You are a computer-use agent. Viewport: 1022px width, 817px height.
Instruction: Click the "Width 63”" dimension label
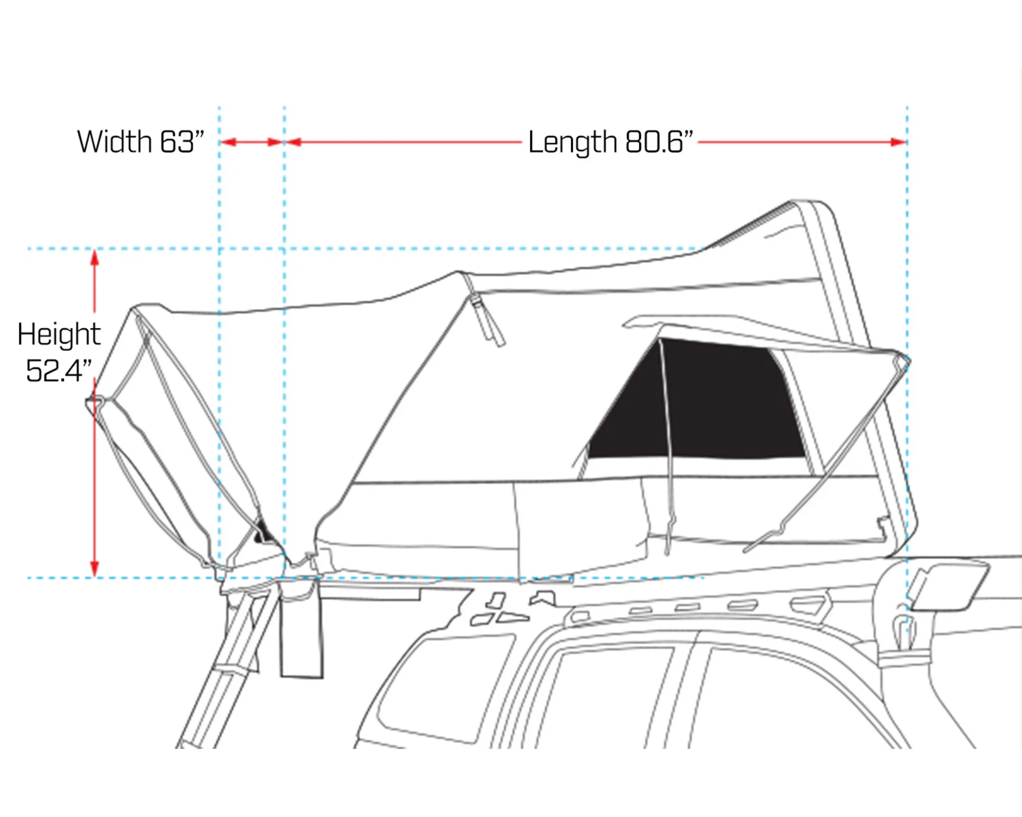point(141,141)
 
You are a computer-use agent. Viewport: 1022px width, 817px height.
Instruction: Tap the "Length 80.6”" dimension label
point(611,141)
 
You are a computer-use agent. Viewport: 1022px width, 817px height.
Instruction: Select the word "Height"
point(59,334)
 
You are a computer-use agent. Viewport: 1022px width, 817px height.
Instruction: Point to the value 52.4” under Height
point(59,370)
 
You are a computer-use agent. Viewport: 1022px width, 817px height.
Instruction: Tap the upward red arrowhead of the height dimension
point(95,258)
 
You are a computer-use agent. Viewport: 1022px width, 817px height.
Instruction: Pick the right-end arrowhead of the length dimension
point(898,142)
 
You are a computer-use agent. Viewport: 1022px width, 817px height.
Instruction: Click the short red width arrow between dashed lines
point(252,142)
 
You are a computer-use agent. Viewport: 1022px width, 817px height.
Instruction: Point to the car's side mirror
point(948,587)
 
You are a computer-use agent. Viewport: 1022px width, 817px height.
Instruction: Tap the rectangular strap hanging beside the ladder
point(301,638)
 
